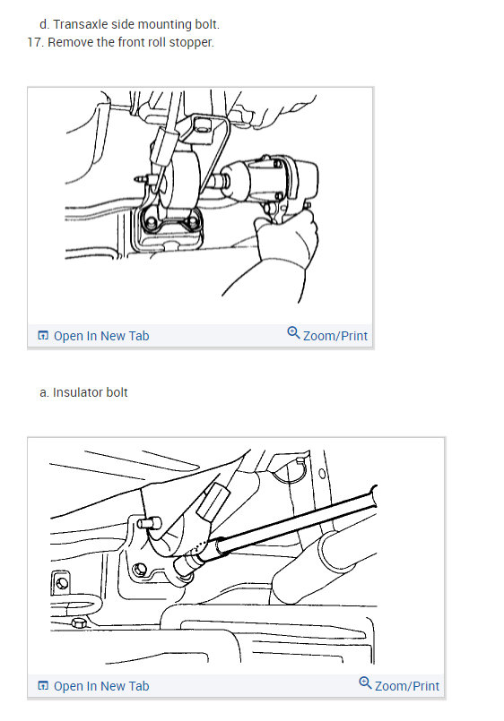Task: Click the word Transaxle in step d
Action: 92,24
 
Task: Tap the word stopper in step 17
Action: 191,42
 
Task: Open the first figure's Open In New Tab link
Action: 100,336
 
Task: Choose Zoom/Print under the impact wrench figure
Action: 335,336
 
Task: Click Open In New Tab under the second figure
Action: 100,686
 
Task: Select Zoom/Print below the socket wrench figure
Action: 406,686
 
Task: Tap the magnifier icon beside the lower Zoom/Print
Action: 365,683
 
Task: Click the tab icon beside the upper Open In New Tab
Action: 43,336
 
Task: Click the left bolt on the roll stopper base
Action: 150,221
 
